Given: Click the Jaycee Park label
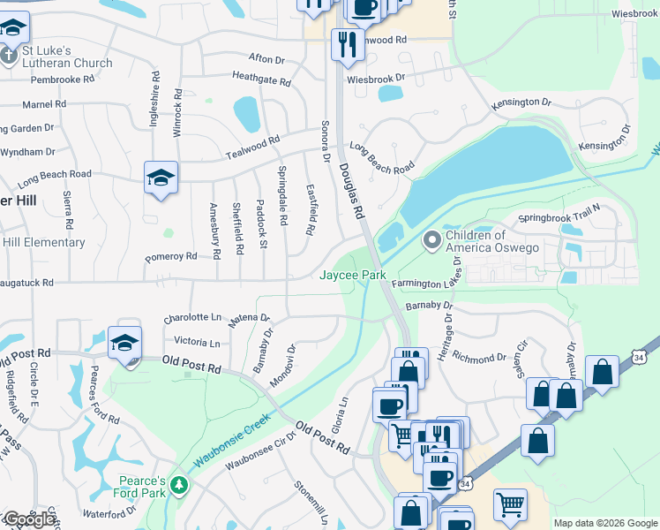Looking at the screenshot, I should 352,276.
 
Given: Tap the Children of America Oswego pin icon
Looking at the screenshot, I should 431,239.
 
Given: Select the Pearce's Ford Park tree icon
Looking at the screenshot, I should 179,486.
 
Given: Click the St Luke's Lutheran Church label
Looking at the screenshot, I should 62,57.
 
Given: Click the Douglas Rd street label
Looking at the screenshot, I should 351,185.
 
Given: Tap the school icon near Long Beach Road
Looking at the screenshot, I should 161,178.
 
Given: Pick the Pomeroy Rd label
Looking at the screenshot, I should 171,257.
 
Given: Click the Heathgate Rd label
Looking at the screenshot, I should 261,79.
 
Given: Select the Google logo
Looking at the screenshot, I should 29,519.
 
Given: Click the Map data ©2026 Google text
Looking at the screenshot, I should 605,523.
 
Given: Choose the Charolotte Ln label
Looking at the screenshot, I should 192,316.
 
